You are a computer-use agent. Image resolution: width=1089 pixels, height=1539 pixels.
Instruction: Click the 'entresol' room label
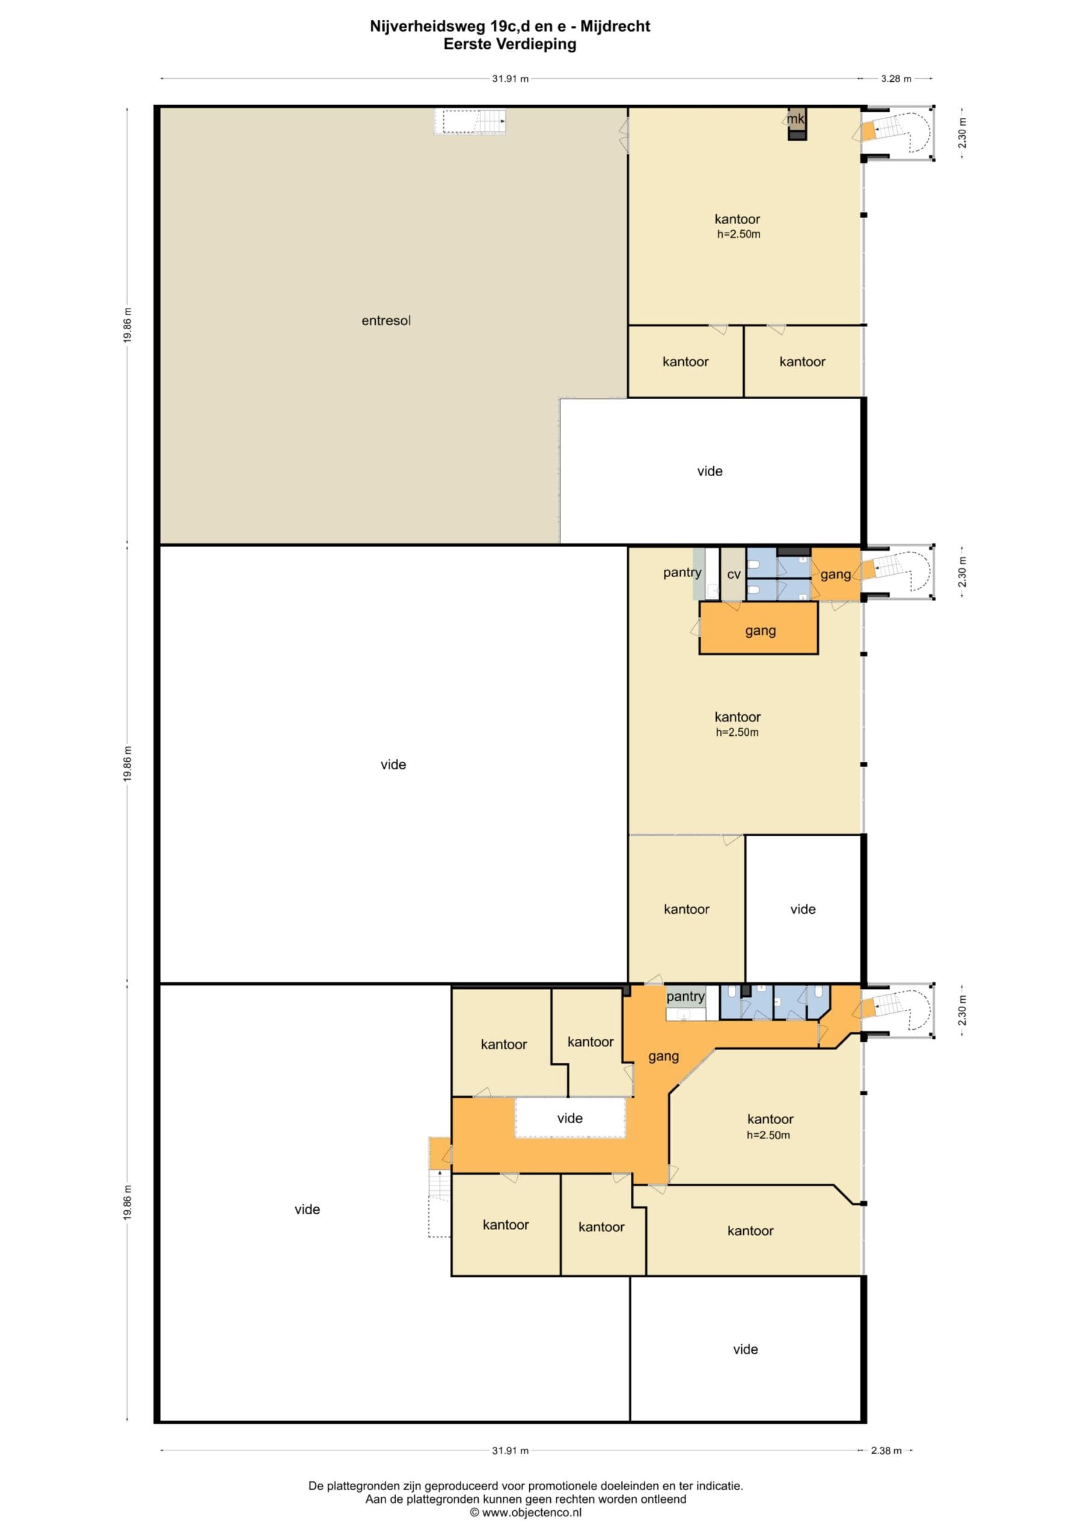385,320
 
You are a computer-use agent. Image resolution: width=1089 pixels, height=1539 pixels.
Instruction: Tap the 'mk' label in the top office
796,118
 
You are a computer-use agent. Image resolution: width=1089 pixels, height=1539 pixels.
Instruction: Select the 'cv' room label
734,575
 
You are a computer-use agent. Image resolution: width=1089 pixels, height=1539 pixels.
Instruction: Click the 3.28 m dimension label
896,78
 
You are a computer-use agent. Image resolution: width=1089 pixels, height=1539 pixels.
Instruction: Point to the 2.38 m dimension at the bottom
886,1450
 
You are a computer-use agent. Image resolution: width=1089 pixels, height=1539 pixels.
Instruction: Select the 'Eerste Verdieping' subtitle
510,44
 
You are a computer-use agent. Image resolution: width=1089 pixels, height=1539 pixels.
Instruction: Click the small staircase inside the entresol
470,122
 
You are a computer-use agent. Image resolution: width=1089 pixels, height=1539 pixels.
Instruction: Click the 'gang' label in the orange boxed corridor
761,630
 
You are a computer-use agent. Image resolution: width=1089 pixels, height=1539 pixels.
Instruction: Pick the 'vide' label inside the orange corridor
569,1118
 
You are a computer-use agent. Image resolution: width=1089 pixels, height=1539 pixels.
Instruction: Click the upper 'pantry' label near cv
682,572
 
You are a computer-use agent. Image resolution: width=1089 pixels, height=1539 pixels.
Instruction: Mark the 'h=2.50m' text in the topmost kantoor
738,234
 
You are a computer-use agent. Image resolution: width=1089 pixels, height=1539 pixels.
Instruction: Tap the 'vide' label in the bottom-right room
745,1348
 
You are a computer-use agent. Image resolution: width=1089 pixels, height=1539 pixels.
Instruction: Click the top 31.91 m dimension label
511,78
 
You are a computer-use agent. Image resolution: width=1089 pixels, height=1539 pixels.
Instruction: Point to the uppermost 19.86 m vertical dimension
127,325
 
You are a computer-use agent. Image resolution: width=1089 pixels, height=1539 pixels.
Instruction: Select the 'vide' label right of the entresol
710,471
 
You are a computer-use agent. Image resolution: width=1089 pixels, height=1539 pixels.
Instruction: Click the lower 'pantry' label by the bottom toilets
686,997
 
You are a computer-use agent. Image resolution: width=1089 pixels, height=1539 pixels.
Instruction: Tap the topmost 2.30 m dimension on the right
963,132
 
